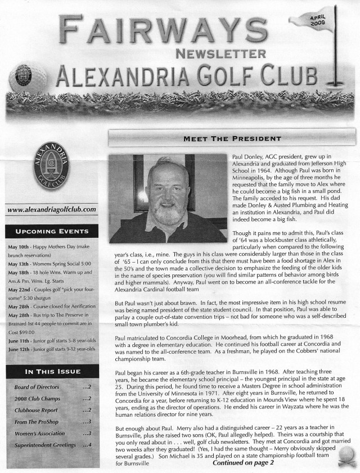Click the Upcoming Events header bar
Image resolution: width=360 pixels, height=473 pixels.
point(52,231)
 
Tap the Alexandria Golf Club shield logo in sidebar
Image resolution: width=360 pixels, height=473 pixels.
point(52,172)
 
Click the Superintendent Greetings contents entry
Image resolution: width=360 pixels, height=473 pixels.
point(46,445)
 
